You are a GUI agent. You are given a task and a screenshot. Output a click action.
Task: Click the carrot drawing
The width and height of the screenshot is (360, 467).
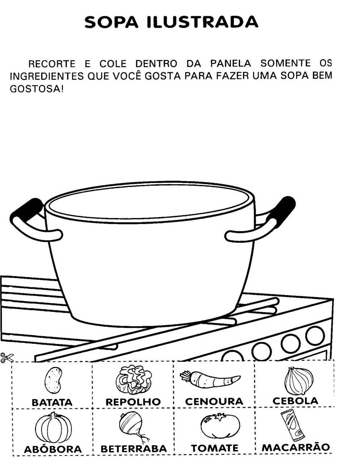pos(210,380)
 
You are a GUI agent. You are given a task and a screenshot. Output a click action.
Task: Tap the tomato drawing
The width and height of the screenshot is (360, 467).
pos(220,425)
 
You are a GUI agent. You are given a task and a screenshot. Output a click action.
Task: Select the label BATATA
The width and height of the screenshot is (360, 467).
pos(52,402)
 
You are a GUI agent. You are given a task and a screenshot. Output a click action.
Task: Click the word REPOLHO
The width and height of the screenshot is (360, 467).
pos(133,402)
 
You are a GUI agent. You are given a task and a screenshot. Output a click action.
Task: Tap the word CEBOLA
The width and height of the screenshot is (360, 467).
pos(295,401)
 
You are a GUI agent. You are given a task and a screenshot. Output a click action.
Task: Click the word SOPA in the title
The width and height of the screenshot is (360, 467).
pos(111,22)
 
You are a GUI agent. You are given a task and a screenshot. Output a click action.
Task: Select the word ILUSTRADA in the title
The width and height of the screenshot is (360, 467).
pos(202,22)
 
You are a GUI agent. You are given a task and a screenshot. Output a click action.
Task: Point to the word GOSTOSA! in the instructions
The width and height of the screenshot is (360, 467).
pos(37,89)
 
